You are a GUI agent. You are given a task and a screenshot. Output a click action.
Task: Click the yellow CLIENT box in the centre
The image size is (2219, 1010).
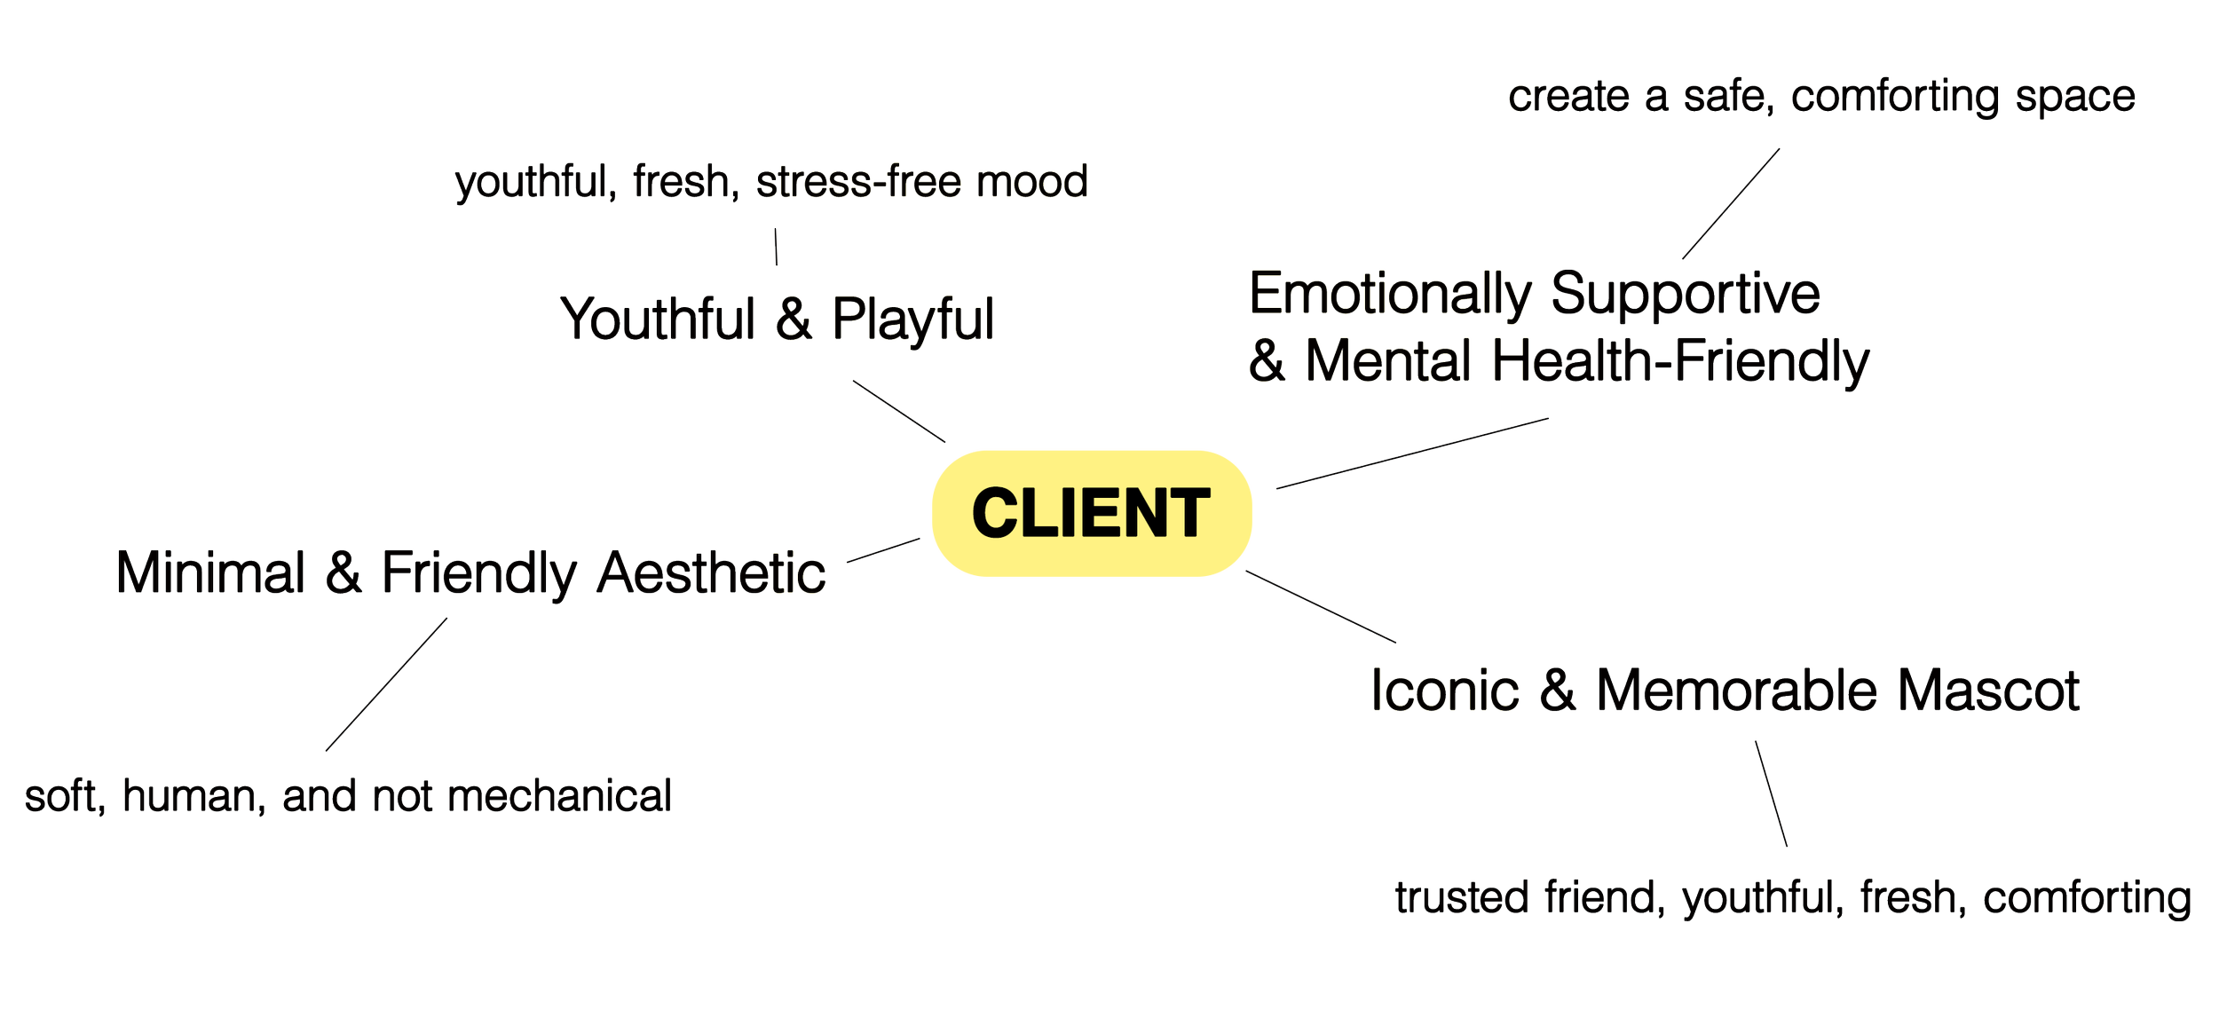coord(1091,513)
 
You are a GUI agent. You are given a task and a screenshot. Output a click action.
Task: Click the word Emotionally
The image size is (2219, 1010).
coord(1391,295)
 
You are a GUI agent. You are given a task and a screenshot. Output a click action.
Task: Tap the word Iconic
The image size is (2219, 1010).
coord(1446,690)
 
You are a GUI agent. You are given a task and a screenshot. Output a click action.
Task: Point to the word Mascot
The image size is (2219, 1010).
coord(1988,690)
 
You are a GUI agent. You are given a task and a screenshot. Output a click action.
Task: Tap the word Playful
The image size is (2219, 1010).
coord(912,320)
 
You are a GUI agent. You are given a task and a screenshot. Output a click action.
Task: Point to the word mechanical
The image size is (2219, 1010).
coord(559,796)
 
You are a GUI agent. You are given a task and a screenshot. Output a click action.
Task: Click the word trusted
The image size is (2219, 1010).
coord(1463,898)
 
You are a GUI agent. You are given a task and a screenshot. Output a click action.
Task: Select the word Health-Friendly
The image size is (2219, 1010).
coord(1681,361)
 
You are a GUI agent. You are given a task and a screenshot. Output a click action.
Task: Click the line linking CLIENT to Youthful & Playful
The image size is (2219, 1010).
coord(899,410)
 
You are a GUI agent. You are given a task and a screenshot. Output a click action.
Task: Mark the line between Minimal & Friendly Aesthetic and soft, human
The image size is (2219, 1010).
coord(386,684)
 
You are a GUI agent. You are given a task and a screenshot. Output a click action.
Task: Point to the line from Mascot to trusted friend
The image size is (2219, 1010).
coord(1771,794)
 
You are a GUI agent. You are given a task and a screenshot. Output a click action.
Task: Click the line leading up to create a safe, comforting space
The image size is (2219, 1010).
coord(1731,203)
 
